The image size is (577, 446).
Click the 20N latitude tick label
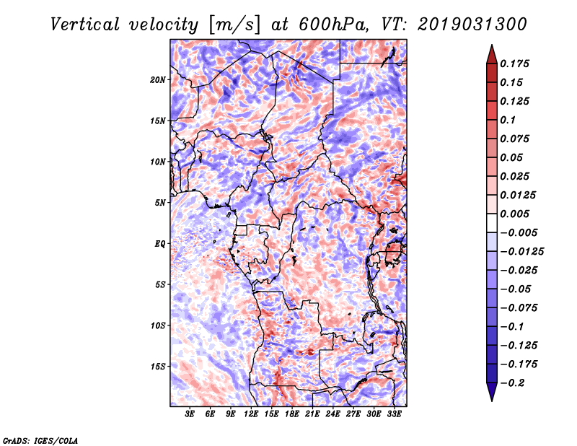(158, 79)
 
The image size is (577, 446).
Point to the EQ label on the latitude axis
(160, 243)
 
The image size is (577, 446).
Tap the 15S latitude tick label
(158, 366)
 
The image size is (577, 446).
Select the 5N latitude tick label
(160, 202)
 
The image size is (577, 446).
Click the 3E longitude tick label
(190, 414)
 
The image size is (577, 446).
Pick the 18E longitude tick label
(293, 414)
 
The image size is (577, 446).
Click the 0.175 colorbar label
(516, 64)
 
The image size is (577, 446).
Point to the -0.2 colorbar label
(515, 382)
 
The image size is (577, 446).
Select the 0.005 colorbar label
(516, 214)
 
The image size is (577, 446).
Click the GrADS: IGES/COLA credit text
(40, 439)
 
